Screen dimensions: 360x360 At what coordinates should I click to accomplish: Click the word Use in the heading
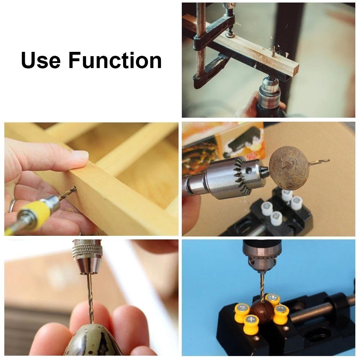coord(41,60)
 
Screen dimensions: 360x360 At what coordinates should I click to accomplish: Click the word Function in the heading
coord(115,60)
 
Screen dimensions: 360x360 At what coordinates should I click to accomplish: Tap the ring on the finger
coord(12,205)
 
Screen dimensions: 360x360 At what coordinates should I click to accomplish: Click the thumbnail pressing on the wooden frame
coord(80,155)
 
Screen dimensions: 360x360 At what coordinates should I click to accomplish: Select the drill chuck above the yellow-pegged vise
coord(258,256)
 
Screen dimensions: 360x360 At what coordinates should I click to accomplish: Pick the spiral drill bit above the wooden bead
coord(260,284)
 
